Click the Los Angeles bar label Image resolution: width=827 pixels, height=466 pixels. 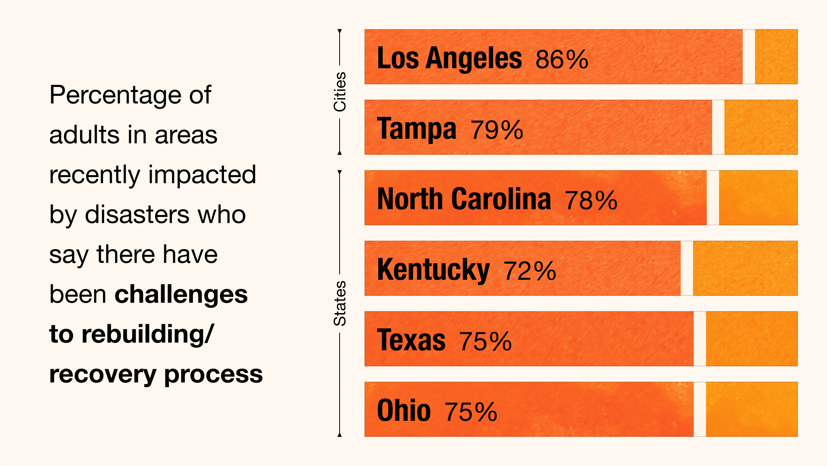(x=449, y=58)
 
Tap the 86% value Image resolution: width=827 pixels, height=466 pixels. (x=562, y=59)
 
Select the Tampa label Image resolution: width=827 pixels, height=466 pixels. (x=417, y=129)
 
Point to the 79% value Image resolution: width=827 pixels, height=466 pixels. (x=497, y=130)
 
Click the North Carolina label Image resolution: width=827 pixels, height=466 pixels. (x=464, y=199)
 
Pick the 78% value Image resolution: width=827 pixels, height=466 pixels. (x=591, y=200)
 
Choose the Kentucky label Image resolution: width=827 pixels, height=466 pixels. (x=433, y=270)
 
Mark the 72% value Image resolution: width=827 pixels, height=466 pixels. (x=530, y=271)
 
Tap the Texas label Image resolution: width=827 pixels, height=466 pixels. (x=411, y=340)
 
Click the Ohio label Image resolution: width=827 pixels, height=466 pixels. (x=404, y=411)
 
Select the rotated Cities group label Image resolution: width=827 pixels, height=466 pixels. (x=340, y=92)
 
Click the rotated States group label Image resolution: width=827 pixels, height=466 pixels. (x=340, y=304)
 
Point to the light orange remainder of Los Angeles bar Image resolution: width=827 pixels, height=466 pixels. (x=776, y=57)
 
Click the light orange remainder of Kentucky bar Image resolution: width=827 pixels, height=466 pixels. (x=745, y=268)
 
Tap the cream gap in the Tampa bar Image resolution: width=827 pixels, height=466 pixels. (x=718, y=127)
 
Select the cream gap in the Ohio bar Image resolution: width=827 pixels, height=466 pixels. (x=700, y=409)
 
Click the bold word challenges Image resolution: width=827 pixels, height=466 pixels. (x=181, y=294)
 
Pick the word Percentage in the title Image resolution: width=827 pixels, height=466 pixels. (x=115, y=95)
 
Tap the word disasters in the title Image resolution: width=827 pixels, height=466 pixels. (x=137, y=215)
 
